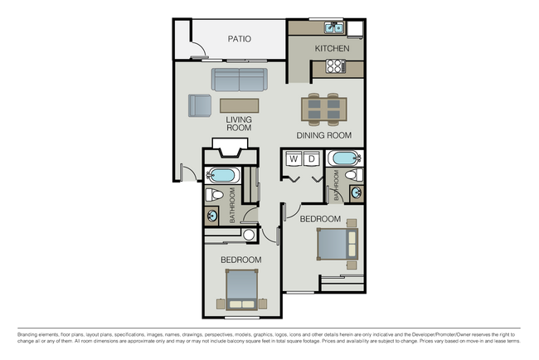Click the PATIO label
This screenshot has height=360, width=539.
point(239,39)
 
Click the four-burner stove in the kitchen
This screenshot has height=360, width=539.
point(336,66)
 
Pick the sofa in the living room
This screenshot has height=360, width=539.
point(239,80)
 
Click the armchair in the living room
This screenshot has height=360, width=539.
point(199,106)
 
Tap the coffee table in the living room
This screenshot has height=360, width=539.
point(239,105)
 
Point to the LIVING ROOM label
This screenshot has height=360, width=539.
point(239,124)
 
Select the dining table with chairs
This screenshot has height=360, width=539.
point(323,109)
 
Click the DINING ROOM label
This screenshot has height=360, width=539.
point(324,135)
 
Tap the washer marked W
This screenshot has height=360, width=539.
point(294,158)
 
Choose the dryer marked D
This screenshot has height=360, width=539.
point(311,158)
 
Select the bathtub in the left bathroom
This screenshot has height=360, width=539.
point(222,175)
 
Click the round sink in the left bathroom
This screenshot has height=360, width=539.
point(212,216)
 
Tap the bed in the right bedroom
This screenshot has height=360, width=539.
point(337,244)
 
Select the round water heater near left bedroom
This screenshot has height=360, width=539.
point(249,236)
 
